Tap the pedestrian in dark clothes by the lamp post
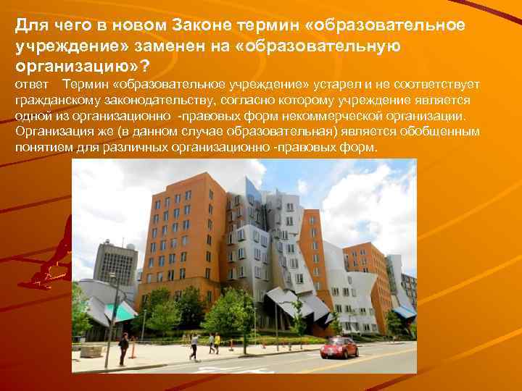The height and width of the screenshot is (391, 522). click(x=124, y=348)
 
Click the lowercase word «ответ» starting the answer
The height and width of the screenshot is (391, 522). click(x=30, y=86)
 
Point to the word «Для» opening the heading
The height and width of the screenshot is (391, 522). click(x=29, y=25)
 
